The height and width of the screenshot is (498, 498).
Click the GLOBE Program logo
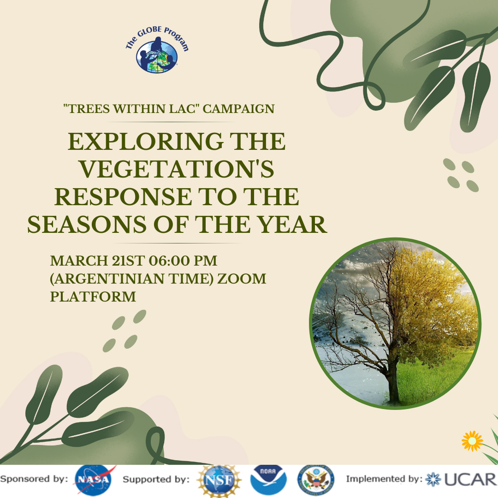[157, 50]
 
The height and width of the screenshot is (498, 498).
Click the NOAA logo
[268, 480]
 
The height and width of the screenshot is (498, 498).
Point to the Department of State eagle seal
[316, 480]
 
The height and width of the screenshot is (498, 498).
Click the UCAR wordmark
[470, 480]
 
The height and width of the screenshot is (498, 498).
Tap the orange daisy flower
[472, 441]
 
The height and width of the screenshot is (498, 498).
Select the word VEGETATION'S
[177, 169]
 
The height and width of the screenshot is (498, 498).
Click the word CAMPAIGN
[238, 109]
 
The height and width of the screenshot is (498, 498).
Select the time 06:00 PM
[183, 261]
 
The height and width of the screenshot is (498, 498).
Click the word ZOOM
[242, 279]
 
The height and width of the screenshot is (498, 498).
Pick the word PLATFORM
[93, 296]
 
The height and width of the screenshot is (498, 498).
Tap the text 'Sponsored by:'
[34, 479]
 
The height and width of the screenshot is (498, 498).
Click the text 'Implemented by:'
[384, 479]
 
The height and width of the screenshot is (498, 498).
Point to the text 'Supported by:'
[156, 479]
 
